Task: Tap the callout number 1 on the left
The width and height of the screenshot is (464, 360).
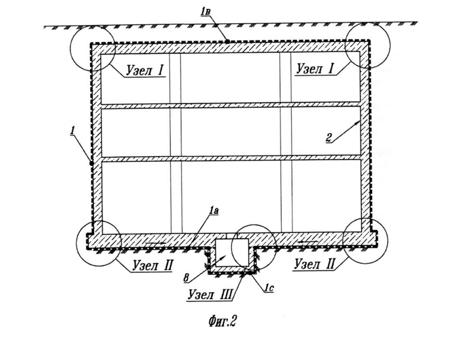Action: (x=72, y=130)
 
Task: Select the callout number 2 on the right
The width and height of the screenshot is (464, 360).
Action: (x=329, y=137)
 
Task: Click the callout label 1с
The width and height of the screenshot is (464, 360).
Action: (x=269, y=287)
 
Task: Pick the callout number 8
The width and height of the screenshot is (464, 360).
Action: (x=186, y=278)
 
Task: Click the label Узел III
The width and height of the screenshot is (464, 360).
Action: (x=210, y=294)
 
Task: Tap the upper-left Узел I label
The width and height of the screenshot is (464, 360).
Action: (x=145, y=70)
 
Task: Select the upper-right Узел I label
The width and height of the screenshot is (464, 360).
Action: (x=315, y=68)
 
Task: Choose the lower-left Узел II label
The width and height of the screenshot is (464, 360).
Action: (x=153, y=265)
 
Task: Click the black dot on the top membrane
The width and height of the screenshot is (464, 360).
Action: (x=227, y=42)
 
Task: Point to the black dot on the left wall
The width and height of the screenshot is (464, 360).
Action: (x=91, y=163)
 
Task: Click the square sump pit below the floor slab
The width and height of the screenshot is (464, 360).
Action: (x=232, y=253)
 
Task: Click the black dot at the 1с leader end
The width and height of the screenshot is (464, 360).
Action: (x=250, y=274)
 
